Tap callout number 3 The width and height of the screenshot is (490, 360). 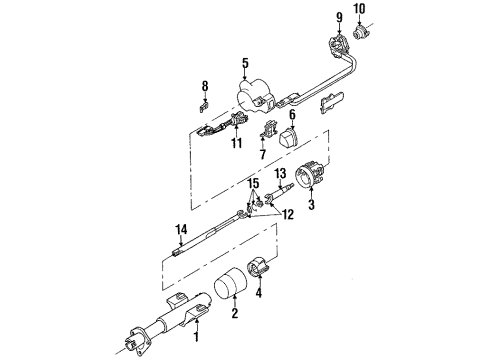[x=311, y=204]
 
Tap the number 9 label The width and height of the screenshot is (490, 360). [x=339, y=16]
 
